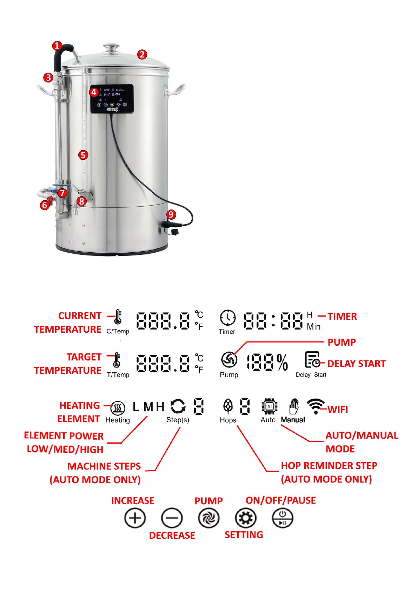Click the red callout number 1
click(57, 46)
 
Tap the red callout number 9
click(171, 214)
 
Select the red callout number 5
click(83, 155)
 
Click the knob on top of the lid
click(111, 47)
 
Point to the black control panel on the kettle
click(112, 99)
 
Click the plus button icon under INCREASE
click(135, 518)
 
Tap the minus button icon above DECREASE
click(172, 518)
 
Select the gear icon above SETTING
click(245, 518)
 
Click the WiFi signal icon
click(316, 406)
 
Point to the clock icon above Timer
click(228, 318)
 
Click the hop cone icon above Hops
click(228, 406)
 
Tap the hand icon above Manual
click(293, 406)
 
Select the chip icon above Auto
click(269, 406)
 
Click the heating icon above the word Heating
click(118, 408)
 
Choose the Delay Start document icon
click(312, 360)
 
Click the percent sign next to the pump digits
click(282, 362)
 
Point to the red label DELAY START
click(356, 364)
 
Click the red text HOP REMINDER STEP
click(329, 466)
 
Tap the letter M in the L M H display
click(148, 407)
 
